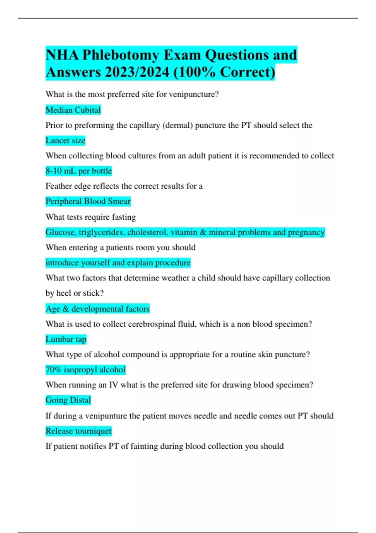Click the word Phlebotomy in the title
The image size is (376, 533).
click(x=121, y=55)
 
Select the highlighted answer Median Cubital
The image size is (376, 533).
click(x=73, y=110)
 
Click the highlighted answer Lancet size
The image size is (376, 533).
click(x=65, y=140)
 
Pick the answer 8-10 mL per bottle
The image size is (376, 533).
click(x=79, y=171)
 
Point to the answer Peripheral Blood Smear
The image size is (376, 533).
click(x=88, y=201)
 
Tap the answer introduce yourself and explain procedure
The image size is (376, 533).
click(x=118, y=263)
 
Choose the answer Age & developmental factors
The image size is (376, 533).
click(x=97, y=309)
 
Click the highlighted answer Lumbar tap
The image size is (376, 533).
click(x=66, y=339)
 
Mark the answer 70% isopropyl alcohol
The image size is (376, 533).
click(x=85, y=370)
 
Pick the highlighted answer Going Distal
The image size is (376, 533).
click(x=68, y=400)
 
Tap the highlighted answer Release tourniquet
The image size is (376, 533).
click(x=78, y=431)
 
